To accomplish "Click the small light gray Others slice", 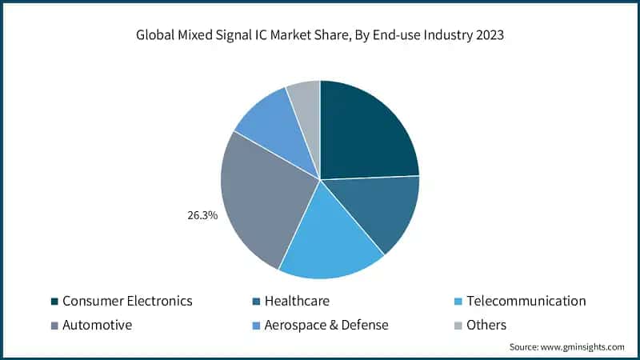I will coord(305,100).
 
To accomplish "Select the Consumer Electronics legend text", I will coord(127,302).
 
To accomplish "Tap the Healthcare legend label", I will coord(297,302).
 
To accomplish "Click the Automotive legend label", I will coord(97,325).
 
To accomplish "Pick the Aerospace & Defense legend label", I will coord(326,325).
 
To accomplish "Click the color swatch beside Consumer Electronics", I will coord(54,302).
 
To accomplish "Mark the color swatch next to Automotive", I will coord(54,325).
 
